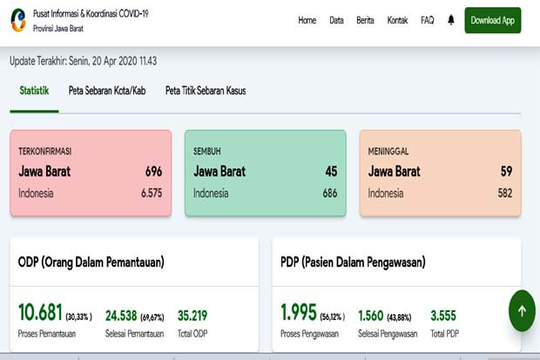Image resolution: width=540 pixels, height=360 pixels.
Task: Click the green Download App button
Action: (x=492, y=20)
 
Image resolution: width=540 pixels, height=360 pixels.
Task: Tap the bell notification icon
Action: (x=451, y=20)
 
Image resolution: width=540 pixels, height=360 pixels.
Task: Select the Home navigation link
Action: (x=307, y=20)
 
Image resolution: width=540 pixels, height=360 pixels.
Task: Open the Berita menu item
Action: (x=365, y=20)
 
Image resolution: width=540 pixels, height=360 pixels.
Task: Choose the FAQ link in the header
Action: (x=428, y=20)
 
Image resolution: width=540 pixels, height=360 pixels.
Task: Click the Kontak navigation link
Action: (x=397, y=20)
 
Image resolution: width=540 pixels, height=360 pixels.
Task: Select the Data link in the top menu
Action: (x=336, y=20)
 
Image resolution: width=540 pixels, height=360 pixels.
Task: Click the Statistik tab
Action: (x=34, y=91)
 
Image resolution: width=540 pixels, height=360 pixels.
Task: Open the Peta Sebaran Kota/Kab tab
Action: (x=107, y=91)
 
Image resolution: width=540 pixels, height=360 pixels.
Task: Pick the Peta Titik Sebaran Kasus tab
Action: (x=206, y=91)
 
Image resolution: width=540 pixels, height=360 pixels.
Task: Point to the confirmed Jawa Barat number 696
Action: (x=153, y=172)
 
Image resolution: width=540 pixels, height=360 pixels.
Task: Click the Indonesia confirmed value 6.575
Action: (x=152, y=194)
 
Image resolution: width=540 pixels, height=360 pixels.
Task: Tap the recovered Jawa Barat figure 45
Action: (x=331, y=172)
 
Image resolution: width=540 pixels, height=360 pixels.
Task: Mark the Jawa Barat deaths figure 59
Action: (x=506, y=172)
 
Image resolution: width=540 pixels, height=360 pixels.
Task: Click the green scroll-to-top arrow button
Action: (x=522, y=310)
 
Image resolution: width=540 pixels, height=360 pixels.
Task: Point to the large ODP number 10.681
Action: (x=40, y=312)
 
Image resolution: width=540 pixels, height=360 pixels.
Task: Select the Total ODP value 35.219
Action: (x=192, y=316)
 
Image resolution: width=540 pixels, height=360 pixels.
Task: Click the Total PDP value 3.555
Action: (x=443, y=316)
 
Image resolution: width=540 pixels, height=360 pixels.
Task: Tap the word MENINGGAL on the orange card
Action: (x=388, y=152)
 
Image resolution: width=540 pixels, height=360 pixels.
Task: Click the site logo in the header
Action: (x=18, y=20)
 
